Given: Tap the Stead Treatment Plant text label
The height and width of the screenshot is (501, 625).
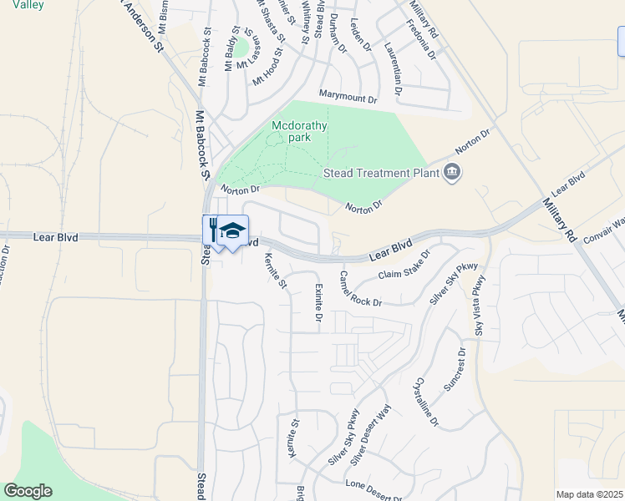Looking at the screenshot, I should coord(380,174).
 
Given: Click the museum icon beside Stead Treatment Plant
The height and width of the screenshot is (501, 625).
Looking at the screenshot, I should coord(453,173).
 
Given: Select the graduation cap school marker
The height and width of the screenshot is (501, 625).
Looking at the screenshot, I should coord(233,230).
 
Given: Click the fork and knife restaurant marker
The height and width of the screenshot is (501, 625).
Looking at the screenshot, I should coord(214,230).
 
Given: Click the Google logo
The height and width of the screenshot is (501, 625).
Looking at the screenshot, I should coord(28,491).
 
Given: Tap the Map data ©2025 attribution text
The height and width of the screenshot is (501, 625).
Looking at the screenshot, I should coord(588,494).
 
